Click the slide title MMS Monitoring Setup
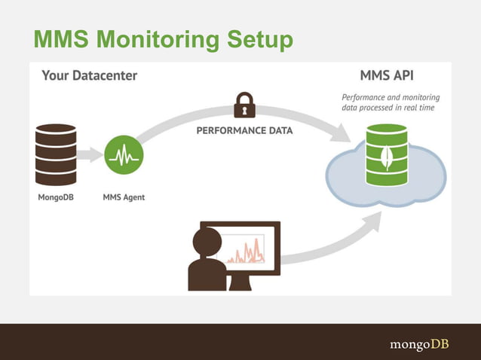click(x=161, y=40)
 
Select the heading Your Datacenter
click(x=89, y=76)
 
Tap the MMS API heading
click(x=387, y=76)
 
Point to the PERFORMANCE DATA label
click(x=244, y=130)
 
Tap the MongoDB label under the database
click(x=56, y=198)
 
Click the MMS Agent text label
click(x=124, y=198)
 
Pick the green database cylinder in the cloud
click(x=386, y=157)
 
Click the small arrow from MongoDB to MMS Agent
click(x=91, y=156)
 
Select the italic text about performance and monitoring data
click(x=391, y=102)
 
